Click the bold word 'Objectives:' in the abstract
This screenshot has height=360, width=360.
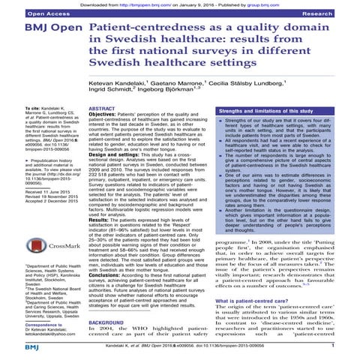point(115,117)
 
